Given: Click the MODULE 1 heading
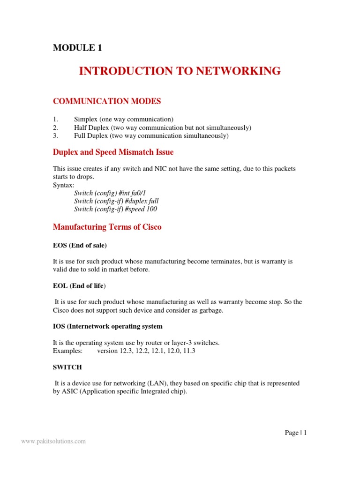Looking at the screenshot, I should coord(77,48).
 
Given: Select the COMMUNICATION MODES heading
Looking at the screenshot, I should coord(106,101).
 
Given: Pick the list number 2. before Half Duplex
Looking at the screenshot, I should coord(55,127).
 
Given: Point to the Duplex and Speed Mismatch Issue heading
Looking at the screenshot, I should coord(113,152).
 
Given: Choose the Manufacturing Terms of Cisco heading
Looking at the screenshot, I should coord(107,227).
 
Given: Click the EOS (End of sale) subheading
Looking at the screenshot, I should coord(80,245).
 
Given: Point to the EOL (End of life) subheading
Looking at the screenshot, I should coord(79,285).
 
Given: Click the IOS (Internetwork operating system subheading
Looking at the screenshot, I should coord(107,326).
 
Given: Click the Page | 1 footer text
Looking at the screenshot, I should coord(295,433).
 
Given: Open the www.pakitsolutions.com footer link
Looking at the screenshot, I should coord(53,441).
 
